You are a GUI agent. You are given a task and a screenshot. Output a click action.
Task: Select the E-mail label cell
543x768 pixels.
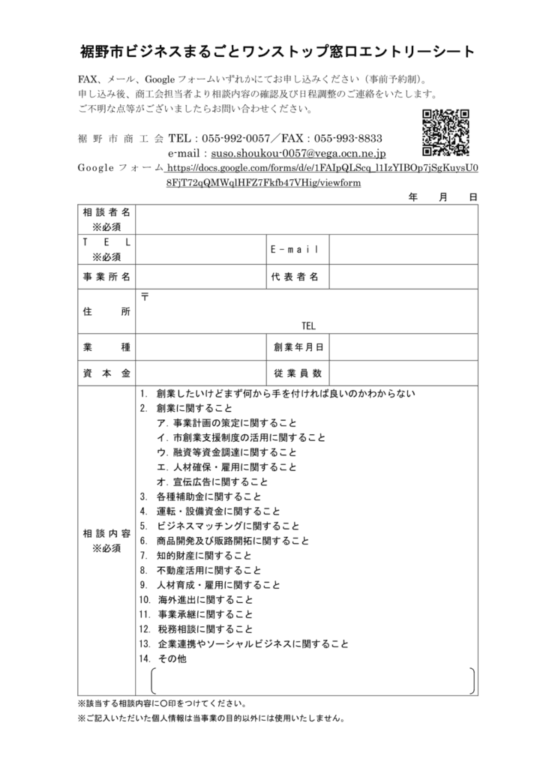click(295, 249)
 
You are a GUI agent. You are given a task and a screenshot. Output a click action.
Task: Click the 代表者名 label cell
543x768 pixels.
click(295, 277)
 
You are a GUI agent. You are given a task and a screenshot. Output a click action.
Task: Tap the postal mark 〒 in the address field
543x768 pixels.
click(145, 297)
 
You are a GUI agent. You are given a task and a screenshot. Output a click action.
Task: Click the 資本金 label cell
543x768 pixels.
click(106, 373)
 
